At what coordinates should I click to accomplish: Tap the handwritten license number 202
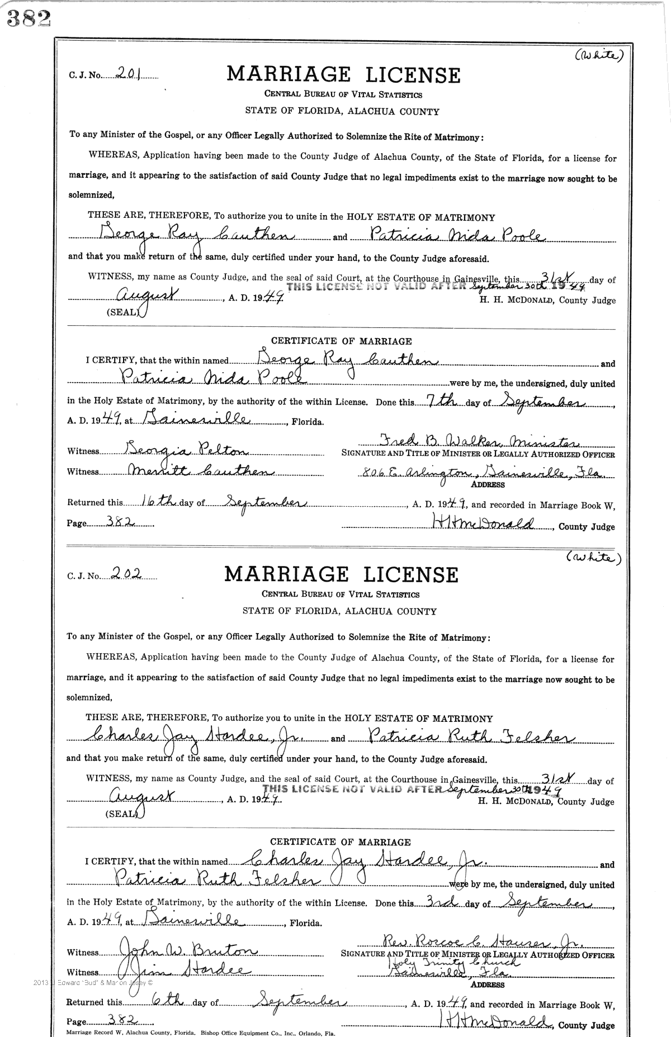click(x=126, y=572)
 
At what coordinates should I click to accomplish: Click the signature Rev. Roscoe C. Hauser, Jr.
click(x=481, y=944)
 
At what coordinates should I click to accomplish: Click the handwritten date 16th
click(x=159, y=501)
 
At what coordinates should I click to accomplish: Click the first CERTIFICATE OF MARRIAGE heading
click(x=341, y=341)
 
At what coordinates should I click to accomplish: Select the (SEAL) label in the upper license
click(x=122, y=312)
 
